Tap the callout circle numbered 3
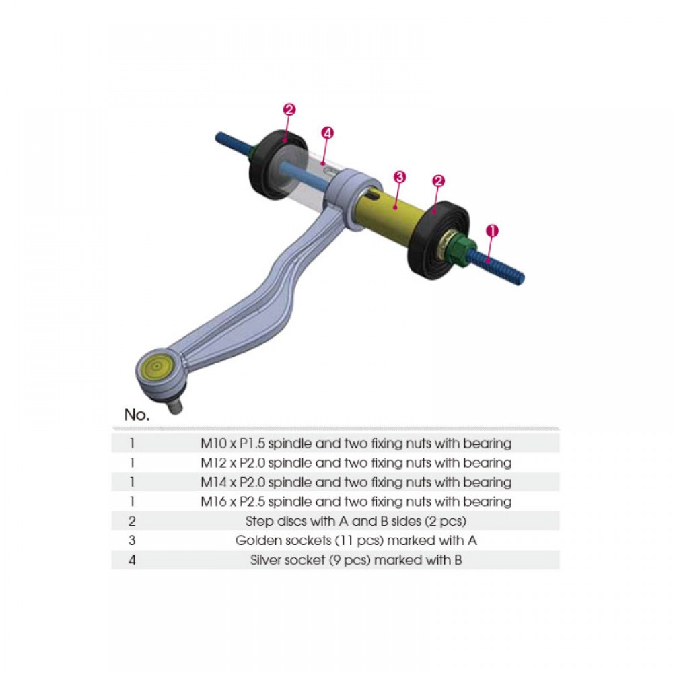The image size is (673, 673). (400, 177)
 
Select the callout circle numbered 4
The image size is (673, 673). (328, 133)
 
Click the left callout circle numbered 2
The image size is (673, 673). (290, 110)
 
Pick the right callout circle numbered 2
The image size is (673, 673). (439, 180)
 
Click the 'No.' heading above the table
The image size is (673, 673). (137, 415)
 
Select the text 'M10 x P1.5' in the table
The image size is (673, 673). (229, 444)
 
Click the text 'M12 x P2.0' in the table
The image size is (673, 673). (229, 463)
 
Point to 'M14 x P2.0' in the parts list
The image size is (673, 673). (229, 483)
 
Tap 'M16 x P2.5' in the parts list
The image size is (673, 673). (229, 502)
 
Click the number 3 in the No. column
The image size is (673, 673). (132, 540)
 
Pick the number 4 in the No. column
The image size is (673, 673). (132, 560)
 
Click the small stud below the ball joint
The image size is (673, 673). (174, 408)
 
